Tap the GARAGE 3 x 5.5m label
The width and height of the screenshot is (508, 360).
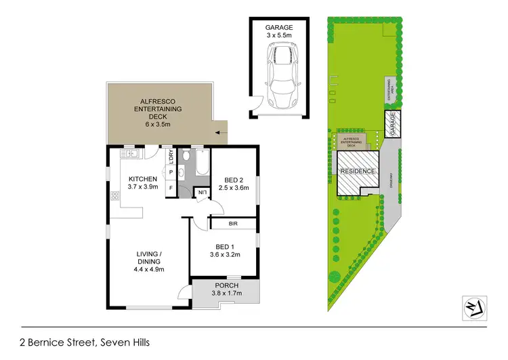[x=278, y=31]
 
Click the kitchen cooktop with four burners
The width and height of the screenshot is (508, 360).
[x=114, y=197]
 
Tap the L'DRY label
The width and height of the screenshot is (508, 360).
[x=171, y=156]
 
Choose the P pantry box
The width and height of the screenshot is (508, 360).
[x=171, y=172]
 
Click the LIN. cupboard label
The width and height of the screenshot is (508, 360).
[x=203, y=193]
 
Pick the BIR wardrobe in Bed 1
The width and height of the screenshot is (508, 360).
[x=233, y=222]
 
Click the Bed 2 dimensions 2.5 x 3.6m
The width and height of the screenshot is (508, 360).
[x=234, y=191]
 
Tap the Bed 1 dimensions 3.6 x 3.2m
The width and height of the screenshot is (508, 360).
[x=224, y=256]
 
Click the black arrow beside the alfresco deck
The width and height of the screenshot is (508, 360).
[x=219, y=134]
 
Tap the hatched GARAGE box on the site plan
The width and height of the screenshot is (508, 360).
[x=392, y=123]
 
